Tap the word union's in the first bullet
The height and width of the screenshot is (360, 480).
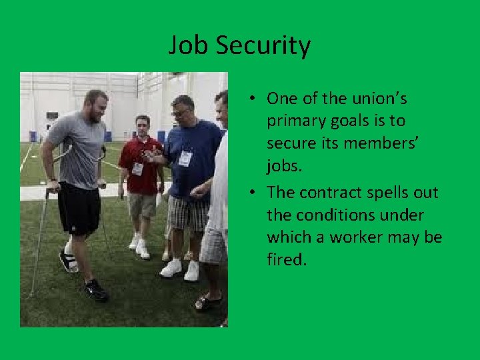coord(379,99)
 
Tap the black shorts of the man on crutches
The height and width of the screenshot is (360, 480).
coord(78,208)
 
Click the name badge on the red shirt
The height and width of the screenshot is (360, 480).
coord(138,169)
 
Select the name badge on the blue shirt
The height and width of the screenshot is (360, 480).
coord(185,159)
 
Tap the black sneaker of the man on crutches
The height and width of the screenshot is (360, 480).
coord(96,291)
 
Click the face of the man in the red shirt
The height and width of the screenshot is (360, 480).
coord(142,127)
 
